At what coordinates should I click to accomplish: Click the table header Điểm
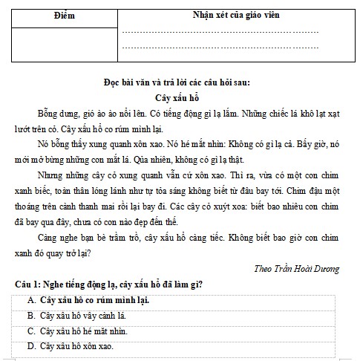(x=65, y=16)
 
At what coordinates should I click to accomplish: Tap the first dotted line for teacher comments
(x=220, y=33)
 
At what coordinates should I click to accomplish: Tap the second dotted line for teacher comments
(x=220, y=48)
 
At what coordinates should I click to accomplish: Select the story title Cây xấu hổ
(x=180, y=97)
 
